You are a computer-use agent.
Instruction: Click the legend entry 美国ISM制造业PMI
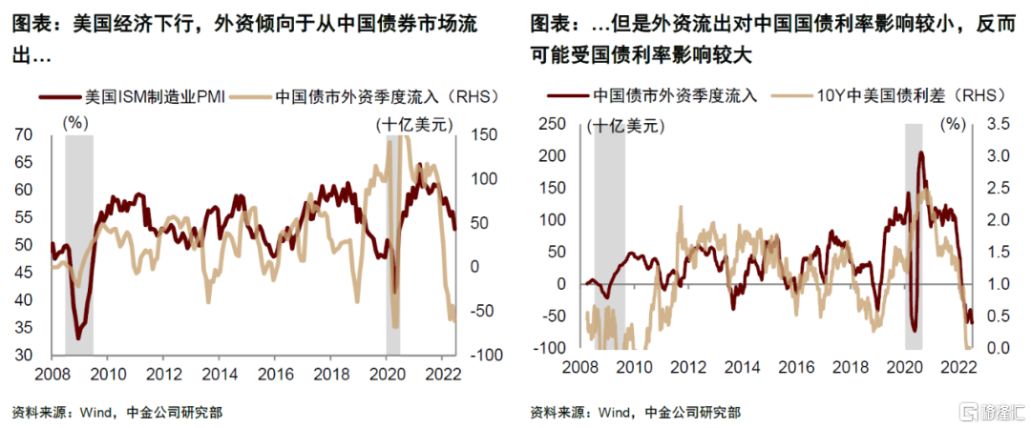[x=153, y=96]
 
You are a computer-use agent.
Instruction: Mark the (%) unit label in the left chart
[x=74, y=122]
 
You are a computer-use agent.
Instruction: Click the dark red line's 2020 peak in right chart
[x=920, y=153]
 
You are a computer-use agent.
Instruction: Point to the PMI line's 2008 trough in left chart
[x=77, y=338]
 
